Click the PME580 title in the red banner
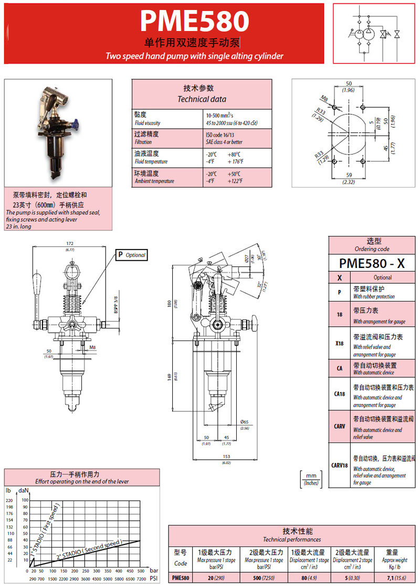point(194,22)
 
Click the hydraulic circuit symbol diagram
point(375,33)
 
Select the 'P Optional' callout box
point(131,255)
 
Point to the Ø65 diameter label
point(244,421)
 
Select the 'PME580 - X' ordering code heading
point(372,262)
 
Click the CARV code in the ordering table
point(340,426)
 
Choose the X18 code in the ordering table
point(340,343)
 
